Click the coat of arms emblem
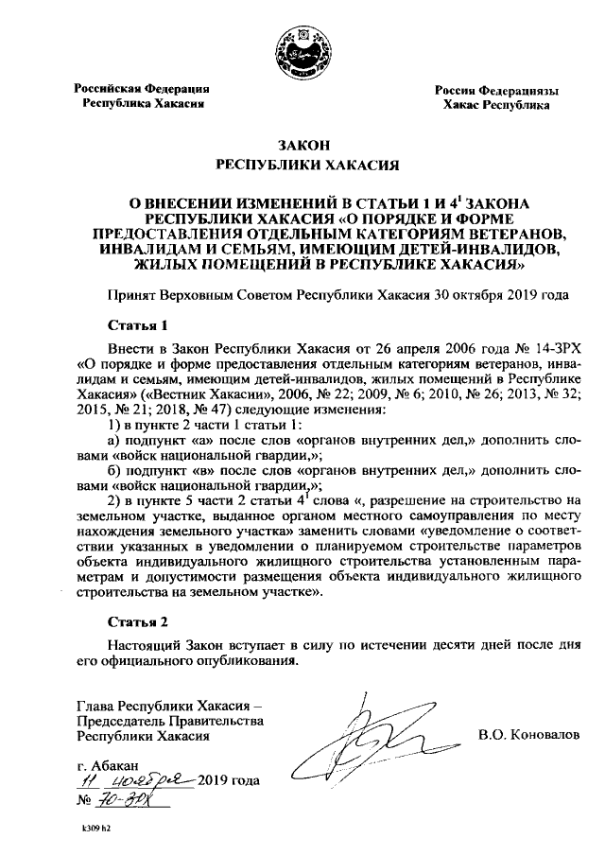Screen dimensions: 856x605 click(302, 48)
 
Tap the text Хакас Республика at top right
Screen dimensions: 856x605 click(496, 106)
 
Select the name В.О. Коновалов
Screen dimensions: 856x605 click(528, 735)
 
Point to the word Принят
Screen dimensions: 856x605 click(133, 295)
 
